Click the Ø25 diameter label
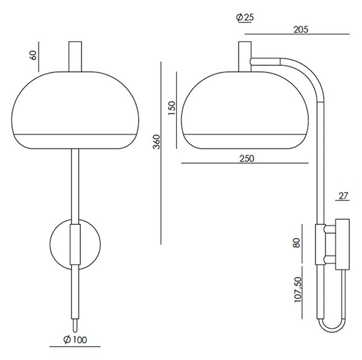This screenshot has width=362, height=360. tap(245, 18)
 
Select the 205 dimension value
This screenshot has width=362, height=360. tap(300, 30)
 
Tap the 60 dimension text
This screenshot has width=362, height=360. tap(33, 55)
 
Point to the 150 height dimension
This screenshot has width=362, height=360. tap(172, 108)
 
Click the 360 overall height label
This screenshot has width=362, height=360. tap(156, 142)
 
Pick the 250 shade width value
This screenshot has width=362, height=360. tap(247, 158)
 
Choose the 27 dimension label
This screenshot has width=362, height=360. tap(343, 196)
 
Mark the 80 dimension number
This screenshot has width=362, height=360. tap(296, 243)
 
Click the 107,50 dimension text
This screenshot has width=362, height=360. tap(298, 289)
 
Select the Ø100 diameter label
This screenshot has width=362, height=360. tap(75, 339)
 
